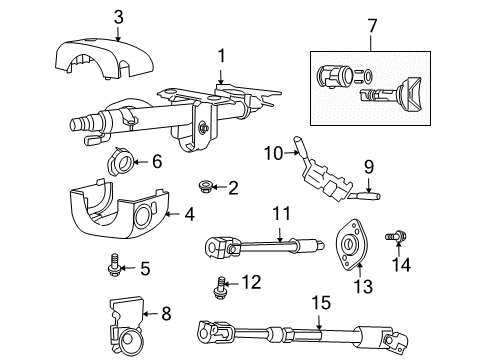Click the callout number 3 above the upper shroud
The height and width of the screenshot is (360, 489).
point(118,16)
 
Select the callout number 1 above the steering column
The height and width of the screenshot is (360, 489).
point(222,57)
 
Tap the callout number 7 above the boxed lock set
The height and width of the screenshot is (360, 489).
point(372,23)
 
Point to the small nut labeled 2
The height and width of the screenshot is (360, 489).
point(206,185)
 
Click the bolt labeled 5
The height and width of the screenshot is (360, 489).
point(116,264)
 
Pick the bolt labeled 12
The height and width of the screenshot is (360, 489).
point(220,287)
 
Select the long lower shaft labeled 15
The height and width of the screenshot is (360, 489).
point(300,332)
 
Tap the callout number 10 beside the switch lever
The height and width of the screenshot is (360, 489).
point(274,152)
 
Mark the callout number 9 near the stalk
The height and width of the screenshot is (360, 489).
point(368,167)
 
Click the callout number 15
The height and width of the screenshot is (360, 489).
point(319,298)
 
